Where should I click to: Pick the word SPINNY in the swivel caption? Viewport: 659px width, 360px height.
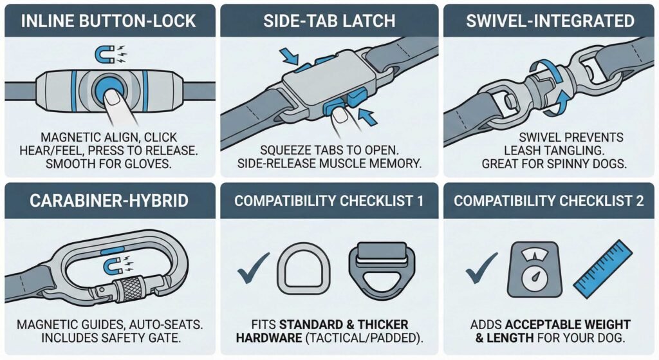click(x=567, y=164)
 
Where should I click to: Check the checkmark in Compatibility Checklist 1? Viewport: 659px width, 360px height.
click(x=253, y=270)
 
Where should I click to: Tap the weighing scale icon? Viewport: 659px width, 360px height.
click(x=532, y=269)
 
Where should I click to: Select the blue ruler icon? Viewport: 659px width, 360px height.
click(x=601, y=270)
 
